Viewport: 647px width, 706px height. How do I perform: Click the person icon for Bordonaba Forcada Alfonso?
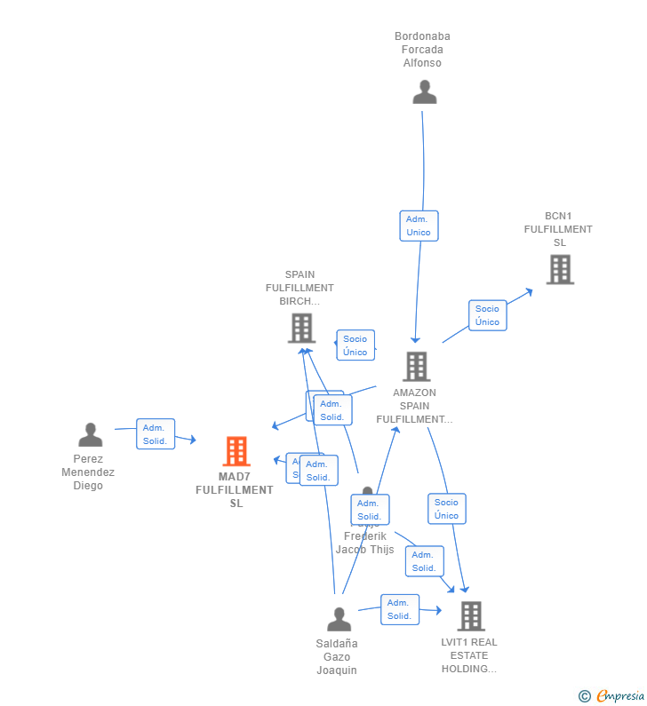[x=425, y=91]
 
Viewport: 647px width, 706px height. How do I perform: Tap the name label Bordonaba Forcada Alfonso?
[x=422, y=50]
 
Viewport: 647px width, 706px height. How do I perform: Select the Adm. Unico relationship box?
[x=419, y=226]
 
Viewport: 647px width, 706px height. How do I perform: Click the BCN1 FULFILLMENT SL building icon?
[x=560, y=269]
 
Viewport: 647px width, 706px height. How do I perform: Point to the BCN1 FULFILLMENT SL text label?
[x=558, y=229]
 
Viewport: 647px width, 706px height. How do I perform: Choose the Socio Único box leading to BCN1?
[x=487, y=315]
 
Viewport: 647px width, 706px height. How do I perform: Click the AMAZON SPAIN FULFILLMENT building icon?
[x=416, y=366]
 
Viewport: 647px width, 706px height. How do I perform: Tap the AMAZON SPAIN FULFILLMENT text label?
[x=414, y=406]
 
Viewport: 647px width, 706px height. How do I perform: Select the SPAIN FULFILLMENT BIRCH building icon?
[x=302, y=328]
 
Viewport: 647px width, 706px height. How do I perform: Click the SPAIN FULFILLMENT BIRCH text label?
[x=300, y=288]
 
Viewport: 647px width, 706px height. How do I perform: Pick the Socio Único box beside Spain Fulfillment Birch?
[x=355, y=345]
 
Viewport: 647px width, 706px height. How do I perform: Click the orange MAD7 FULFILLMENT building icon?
[x=236, y=451]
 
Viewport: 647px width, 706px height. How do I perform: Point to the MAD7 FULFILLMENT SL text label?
[x=235, y=490]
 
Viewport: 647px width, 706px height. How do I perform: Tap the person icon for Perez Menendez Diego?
[x=90, y=435]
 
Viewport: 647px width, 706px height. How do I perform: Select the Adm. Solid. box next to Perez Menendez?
[x=155, y=434]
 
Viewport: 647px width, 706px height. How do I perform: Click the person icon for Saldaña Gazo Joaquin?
[x=339, y=619]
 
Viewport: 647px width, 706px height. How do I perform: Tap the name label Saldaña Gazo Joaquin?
[x=337, y=656]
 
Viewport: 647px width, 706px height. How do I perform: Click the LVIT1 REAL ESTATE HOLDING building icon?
[x=470, y=615]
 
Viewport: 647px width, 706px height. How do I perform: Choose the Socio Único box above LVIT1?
[x=446, y=509]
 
